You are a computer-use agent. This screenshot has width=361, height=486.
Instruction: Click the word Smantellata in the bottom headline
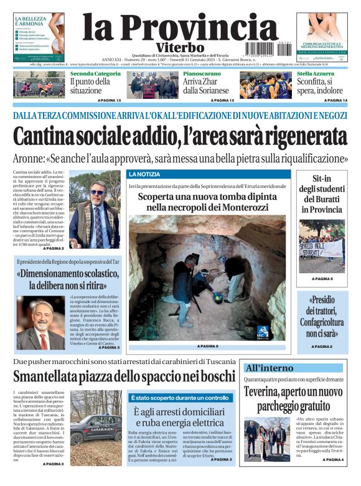[51, 377]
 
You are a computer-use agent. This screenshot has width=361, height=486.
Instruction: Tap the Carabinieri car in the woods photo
[96, 430]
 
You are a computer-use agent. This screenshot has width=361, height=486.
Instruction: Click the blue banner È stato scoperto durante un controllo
[179, 398]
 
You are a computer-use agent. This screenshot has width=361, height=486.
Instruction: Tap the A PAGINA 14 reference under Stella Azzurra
[335, 100]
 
